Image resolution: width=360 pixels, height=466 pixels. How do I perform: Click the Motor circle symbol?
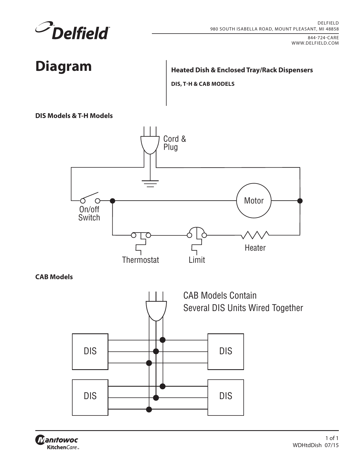tap(254, 183)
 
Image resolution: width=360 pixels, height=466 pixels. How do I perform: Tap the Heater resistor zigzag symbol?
tap(255, 235)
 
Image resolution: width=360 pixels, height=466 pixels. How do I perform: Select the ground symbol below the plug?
tap(150, 184)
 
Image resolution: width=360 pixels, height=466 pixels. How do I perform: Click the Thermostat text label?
tap(141, 260)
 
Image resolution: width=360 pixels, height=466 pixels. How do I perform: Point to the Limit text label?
tap(197, 260)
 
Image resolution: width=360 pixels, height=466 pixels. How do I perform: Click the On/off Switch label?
tap(89, 213)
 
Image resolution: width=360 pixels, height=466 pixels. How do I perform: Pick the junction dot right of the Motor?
tap(300, 201)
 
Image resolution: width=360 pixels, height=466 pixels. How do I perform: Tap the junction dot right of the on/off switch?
tap(112, 201)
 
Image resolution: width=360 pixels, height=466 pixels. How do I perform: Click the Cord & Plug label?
tap(174, 143)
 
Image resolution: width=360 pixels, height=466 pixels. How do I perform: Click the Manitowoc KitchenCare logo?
tap(57, 442)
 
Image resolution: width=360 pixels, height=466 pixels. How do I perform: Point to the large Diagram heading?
tap(64, 66)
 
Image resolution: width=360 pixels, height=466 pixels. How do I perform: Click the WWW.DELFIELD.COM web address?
tap(315, 43)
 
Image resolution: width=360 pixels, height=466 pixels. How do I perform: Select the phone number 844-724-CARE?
tap(323, 38)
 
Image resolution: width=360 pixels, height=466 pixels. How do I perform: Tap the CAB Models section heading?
tap(54, 277)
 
